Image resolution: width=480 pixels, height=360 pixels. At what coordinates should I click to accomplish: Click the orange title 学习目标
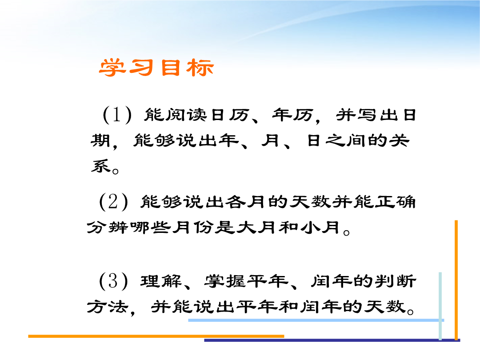(x=156, y=68)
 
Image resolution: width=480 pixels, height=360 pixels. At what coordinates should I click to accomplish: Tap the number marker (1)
(x=117, y=115)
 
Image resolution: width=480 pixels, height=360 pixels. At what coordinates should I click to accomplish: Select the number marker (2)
(x=114, y=202)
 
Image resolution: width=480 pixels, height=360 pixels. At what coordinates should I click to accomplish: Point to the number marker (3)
(x=114, y=281)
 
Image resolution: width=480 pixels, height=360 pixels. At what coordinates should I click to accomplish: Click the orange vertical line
(x=456, y=280)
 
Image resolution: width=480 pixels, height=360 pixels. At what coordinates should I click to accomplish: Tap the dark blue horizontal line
(x=332, y=340)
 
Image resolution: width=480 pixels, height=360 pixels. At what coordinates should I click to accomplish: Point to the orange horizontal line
(x=156, y=336)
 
